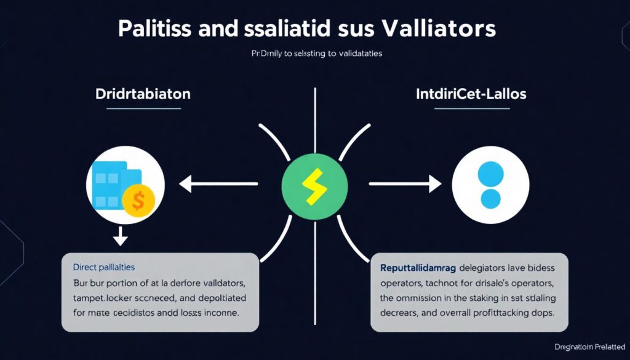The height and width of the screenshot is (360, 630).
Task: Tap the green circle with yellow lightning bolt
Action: (314, 183)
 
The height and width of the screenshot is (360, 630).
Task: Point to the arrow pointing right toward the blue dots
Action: (405, 183)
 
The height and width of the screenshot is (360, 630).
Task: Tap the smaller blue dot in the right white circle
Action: (490, 198)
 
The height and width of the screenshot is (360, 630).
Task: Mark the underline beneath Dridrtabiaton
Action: (143, 109)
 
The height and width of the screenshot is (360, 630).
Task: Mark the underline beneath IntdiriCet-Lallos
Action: (472, 109)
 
